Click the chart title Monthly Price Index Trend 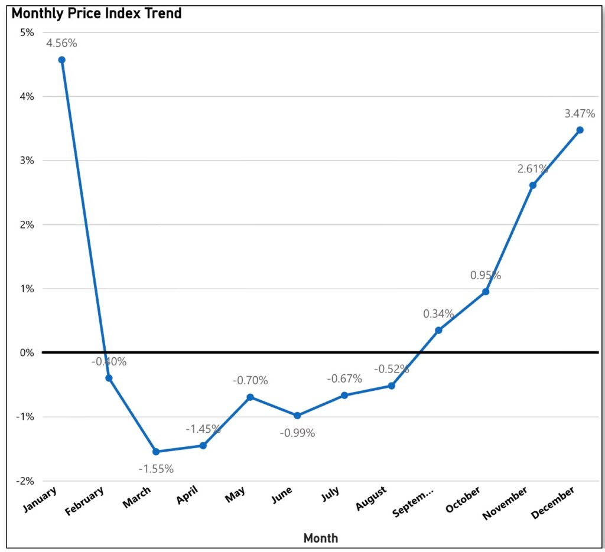tap(97, 14)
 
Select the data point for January tap(61, 60)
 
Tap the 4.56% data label tap(61, 43)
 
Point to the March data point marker tap(156, 452)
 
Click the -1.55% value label tap(156, 469)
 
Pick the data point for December tap(580, 130)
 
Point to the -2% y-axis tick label tap(25, 481)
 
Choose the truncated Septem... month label tap(414, 502)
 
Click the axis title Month tap(321, 538)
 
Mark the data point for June tap(297, 416)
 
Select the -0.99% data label tap(297, 433)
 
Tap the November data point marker tap(532, 185)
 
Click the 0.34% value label tap(438, 313)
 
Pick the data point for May tap(250, 397)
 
